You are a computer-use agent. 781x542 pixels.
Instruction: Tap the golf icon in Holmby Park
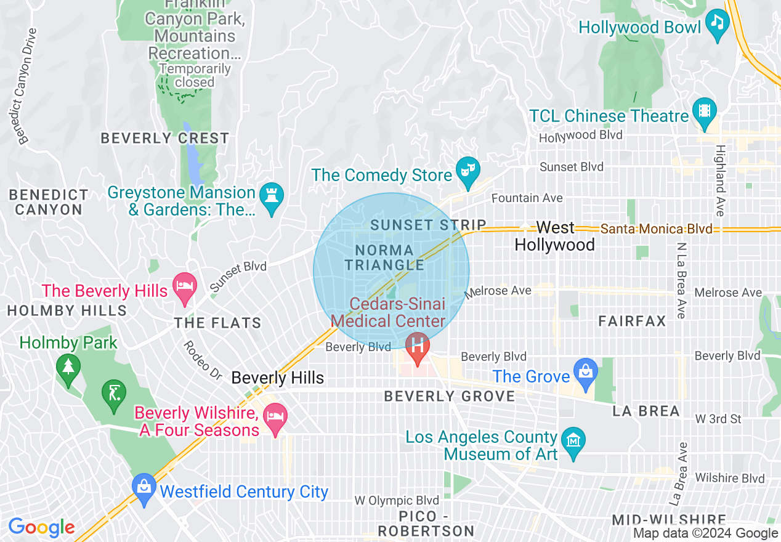(x=114, y=391)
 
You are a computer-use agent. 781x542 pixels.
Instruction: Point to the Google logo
(x=41, y=528)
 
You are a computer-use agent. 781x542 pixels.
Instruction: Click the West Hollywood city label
(x=554, y=236)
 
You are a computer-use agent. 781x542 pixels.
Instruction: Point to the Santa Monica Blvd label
(x=656, y=229)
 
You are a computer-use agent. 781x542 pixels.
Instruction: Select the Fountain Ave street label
(x=527, y=198)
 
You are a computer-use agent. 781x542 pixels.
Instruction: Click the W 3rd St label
(x=718, y=419)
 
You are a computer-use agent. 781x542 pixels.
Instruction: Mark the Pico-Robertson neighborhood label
(x=426, y=524)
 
